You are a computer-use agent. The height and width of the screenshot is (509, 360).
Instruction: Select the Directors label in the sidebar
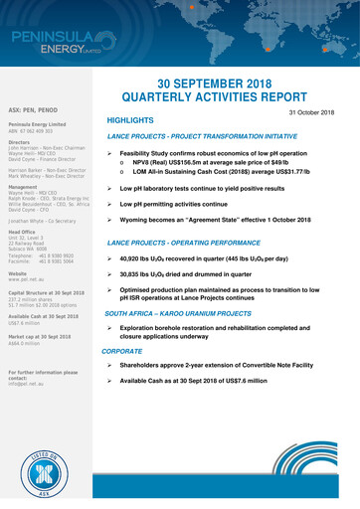pos(21,141)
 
